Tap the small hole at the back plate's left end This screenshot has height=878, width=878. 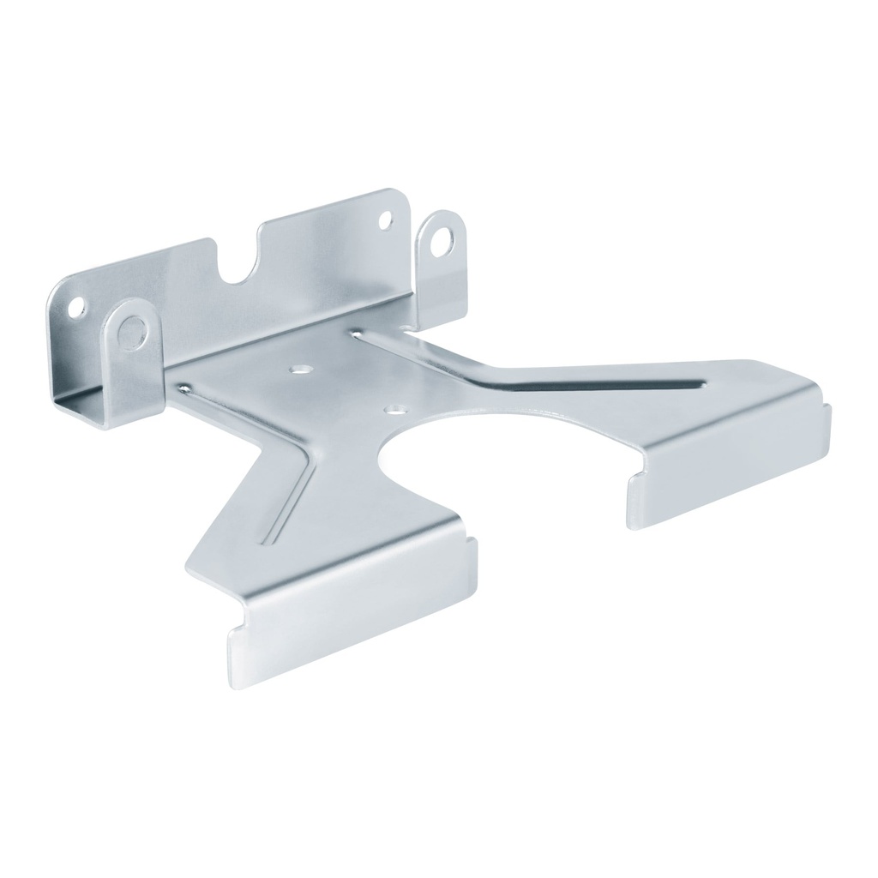[x=79, y=305]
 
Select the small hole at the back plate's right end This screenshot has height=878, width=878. [x=385, y=219]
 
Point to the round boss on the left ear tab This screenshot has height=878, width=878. [x=132, y=329]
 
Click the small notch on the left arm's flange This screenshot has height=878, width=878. [x=470, y=540]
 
